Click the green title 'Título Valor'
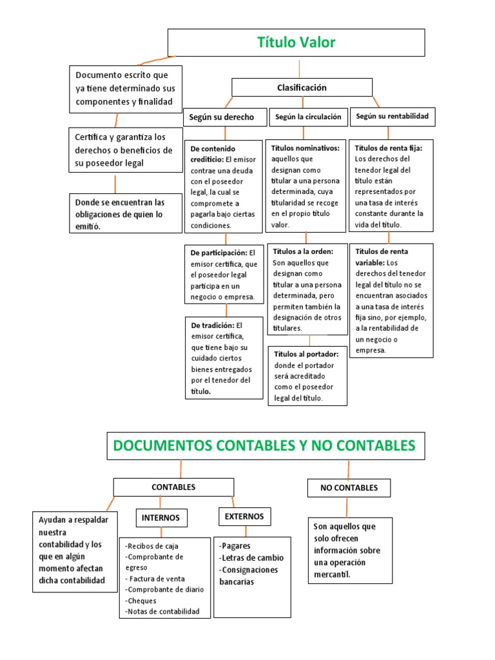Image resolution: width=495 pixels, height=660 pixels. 296,43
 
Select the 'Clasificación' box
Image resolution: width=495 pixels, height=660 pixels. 302,88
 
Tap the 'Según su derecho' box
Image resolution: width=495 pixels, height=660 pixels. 222,117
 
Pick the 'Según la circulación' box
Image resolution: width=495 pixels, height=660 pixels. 308,117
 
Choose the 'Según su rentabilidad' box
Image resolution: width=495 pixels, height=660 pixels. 391,117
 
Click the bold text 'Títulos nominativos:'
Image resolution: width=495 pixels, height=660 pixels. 306,148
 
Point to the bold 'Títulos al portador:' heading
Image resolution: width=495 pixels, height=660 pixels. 306,354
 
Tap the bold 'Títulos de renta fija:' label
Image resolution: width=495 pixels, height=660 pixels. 389,148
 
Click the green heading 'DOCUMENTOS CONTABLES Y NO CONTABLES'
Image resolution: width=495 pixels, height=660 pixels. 265,445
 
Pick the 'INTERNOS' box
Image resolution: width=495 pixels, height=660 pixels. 161,518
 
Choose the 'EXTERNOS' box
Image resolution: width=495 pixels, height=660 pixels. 244,516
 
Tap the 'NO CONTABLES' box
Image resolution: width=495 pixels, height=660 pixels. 349,488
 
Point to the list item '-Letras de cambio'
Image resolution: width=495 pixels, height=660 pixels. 251,558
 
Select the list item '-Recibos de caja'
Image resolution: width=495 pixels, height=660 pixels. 151,546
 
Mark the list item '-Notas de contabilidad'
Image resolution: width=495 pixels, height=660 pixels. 163,611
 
